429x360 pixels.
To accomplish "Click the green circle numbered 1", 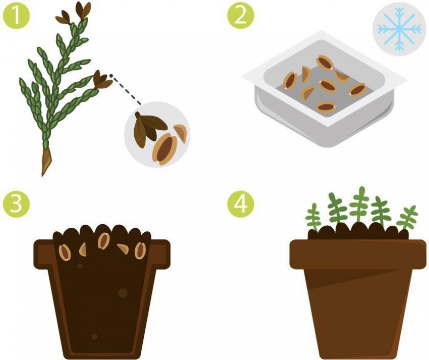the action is [x=16, y=15].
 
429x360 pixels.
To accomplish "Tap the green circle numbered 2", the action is [x=241, y=15].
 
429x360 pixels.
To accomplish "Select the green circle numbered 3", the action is [x=16, y=204].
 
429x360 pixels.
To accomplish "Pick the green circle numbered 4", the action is [x=241, y=204].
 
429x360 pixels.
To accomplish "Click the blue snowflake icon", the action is [x=399, y=29].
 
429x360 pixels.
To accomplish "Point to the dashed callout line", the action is [x=126, y=89].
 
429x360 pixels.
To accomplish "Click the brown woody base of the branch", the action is [x=46, y=162].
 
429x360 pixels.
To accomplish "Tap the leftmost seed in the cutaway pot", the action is [x=65, y=252].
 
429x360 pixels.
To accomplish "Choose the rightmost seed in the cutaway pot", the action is [x=140, y=250].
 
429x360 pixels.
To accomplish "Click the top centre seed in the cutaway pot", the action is [x=103, y=241].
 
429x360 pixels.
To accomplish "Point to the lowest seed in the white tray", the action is [x=326, y=107].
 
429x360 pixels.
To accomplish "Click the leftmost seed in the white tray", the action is [x=290, y=81].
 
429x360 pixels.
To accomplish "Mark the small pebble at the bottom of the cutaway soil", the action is [x=94, y=336].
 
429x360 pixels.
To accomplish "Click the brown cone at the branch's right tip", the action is [x=102, y=80].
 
